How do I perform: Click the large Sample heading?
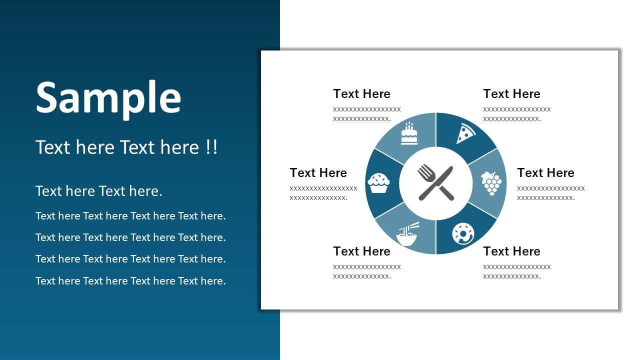pyautogui.click(x=108, y=98)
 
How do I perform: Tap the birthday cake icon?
pyautogui.click(x=409, y=133)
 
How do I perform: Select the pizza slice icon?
pyautogui.click(x=465, y=133)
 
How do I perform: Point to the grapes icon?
pyautogui.click(x=491, y=183)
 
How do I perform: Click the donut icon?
pyautogui.click(x=463, y=233)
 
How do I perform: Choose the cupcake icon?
pyautogui.click(x=378, y=183)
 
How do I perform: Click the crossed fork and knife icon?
pyautogui.click(x=435, y=183)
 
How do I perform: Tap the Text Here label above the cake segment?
pyautogui.click(x=361, y=93)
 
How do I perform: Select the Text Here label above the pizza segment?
pyautogui.click(x=511, y=93)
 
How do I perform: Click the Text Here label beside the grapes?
pyautogui.click(x=545, y=172)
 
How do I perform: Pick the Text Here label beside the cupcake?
pyautogui.click(x=318, y=172)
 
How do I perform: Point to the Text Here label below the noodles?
pyautogui.click(x=361, y=251)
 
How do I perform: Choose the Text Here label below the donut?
pyautogui.click(x=511, y=251)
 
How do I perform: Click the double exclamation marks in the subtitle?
pyautogui.click(x=211, y=147)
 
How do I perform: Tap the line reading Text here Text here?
pyautogui.click(x=99, y=191)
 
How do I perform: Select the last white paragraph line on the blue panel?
pyautogui.click(x=130, y=281)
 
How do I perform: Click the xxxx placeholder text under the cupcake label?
pyautogui.click(x=323, y=193)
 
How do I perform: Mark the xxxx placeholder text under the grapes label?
pyautogui.click(x=551, y=193)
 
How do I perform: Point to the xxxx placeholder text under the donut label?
pyautogui.click(x=517, y=271)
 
